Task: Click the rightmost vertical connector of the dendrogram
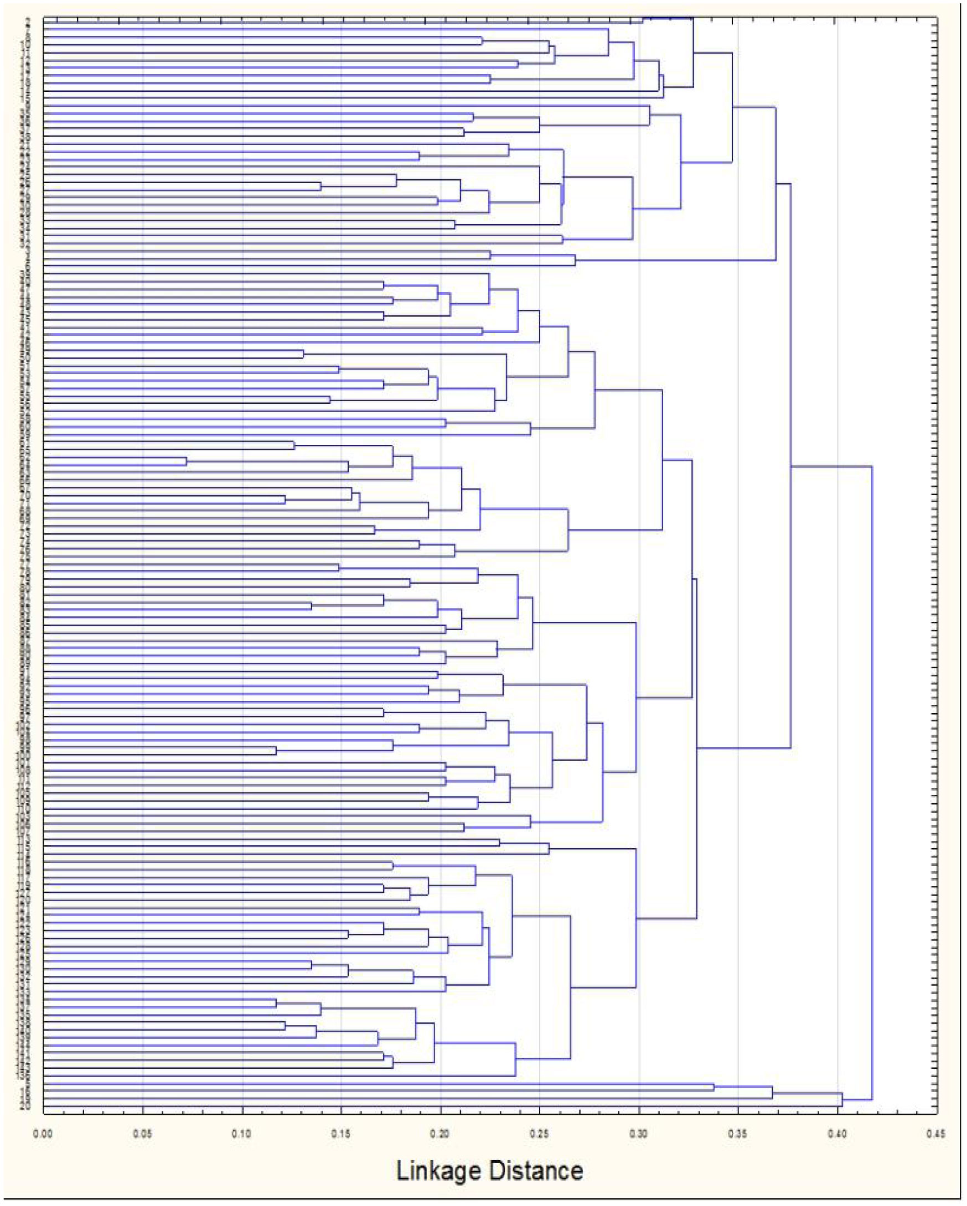[872, 783]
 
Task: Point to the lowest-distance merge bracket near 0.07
[187, 461]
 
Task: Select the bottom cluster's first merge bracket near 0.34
[715, 1088]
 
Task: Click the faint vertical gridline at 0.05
[143, 559]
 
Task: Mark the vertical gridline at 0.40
[837, 559]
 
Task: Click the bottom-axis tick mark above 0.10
[242, 1110]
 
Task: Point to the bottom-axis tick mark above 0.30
[639, 1110]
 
